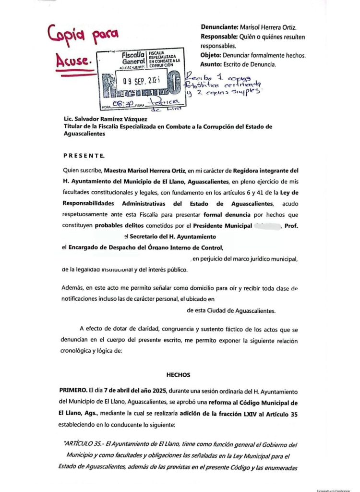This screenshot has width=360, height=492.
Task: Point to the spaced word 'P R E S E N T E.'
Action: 84,156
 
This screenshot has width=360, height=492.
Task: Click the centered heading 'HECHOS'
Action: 179,374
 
